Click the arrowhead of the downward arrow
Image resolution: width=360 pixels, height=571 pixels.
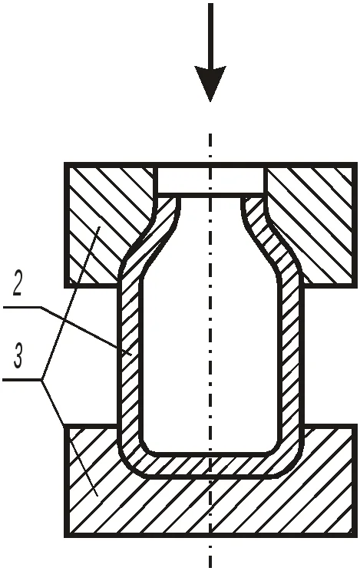click(x=210, y=82)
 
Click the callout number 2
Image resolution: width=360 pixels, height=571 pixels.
click(x=18, y=283)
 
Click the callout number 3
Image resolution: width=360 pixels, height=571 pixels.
click(x=18, y=355)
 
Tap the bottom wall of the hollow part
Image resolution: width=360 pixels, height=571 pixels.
click(x=210, y=465)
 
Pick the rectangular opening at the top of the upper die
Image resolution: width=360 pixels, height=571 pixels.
click(x=210, y=180)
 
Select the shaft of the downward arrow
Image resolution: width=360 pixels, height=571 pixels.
click(x=210, y=35)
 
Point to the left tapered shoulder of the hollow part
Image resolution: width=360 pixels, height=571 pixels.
click(x=150, y=240)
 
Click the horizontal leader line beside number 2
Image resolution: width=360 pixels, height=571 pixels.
click(x=21, y=308)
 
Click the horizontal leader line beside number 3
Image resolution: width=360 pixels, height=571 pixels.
click(x=22, y=380)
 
